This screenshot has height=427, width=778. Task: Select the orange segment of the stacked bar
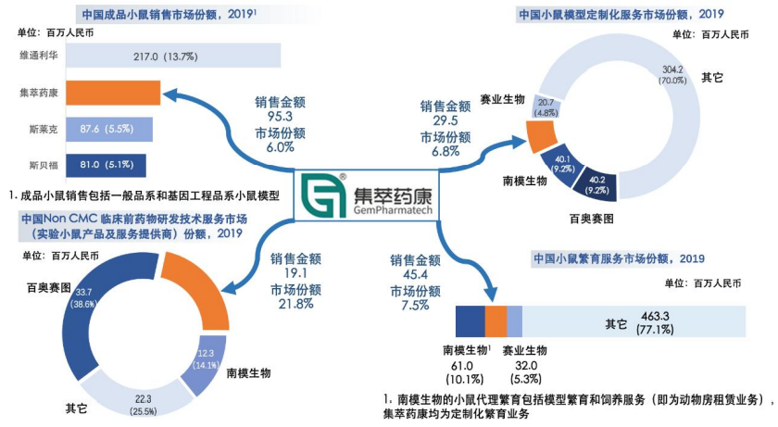pos(496,320)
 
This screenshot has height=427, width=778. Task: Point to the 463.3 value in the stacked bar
pos(659,316)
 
